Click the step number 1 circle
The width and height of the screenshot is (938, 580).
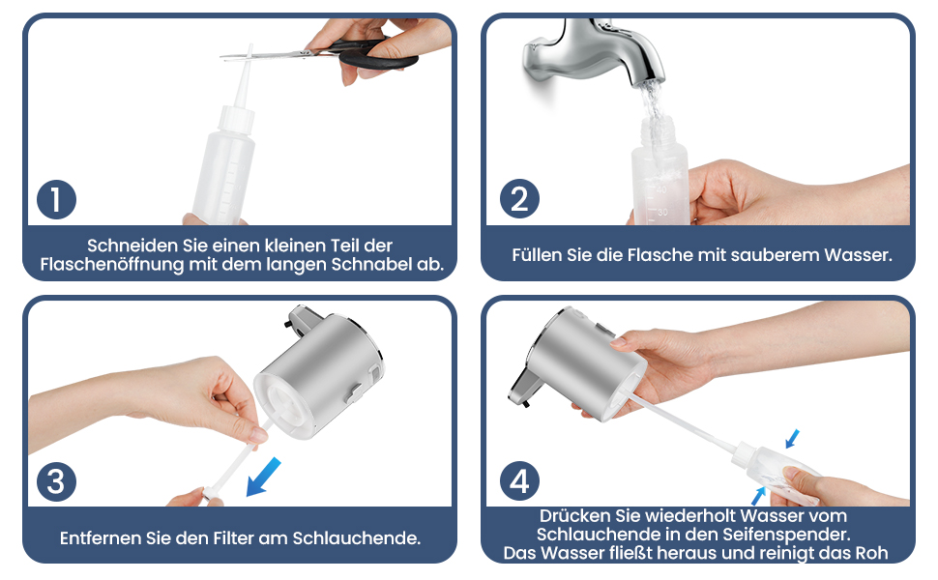pyautogui.click(x=56, y=199)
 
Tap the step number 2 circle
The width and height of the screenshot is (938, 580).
pyautogui.click(x=519, y=198)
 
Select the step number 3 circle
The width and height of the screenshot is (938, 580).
pyautogui.click(x=56, y=481)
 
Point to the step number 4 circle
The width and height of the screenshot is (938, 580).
pyautogui.click(x=519, y=480)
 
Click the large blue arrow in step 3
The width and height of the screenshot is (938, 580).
pyautogui.click(x=263, y=477)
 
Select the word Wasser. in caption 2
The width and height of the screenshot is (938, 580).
pyautogui.click(x=858, y=255)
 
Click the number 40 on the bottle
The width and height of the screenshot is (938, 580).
pyautogui.click(x=661, y=189)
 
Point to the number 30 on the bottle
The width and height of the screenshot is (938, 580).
pyautogui.click(x=662, y=213)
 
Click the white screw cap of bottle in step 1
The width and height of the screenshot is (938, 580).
pyautogui.click(x=236, y=118)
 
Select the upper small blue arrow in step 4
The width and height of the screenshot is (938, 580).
pyautogui.click(x=792, y=439)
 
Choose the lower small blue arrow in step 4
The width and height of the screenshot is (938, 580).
pyautogui.click(x=758, y=496)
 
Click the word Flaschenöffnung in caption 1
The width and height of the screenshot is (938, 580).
pyautogui.click(x=112, y=264)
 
